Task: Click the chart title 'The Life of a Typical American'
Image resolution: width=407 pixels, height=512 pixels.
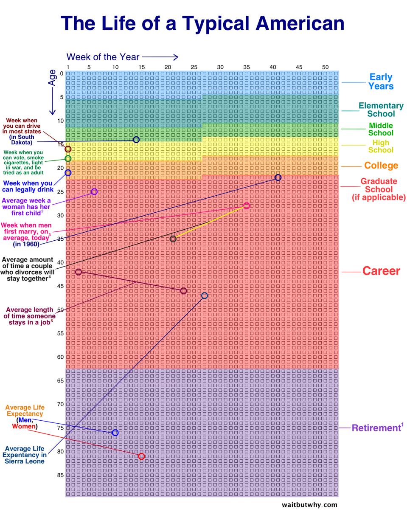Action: pos(202,23)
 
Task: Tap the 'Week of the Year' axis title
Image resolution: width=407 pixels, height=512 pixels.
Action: pos(103,57)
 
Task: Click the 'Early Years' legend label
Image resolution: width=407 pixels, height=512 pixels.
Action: pos(381,82)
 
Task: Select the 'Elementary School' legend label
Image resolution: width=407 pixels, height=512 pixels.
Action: pos(381,110)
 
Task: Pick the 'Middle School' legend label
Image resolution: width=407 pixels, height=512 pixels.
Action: pos(381,129)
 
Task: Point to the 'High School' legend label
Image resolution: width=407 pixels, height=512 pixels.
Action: pos(381,146)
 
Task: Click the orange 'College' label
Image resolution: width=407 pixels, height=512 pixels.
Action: pos(381,166)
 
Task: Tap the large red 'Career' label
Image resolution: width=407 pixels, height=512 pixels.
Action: pos(381,271)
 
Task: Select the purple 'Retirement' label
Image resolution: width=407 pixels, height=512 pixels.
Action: pos(376,428)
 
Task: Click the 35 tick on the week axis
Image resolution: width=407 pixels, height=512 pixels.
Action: pos(247,67)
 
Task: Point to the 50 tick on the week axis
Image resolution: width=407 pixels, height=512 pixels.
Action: pos(325,67)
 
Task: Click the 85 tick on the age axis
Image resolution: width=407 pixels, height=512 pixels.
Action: pos(60,475)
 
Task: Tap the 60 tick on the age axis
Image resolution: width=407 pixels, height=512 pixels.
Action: pos(60,357)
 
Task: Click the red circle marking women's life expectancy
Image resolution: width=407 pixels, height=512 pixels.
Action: pos(142,456)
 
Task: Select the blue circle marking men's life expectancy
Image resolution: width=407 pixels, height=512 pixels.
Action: pos(115,433)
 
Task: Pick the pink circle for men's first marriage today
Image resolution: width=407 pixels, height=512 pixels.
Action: pos(247,206)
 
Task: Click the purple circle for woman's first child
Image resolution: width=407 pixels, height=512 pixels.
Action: pos(94,192)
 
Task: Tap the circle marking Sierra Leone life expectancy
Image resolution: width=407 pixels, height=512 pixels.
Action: pos(205,295)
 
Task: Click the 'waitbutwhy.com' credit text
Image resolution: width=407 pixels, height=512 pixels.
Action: pos(309,505)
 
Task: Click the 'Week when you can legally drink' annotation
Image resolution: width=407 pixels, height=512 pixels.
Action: pos(28,186)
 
